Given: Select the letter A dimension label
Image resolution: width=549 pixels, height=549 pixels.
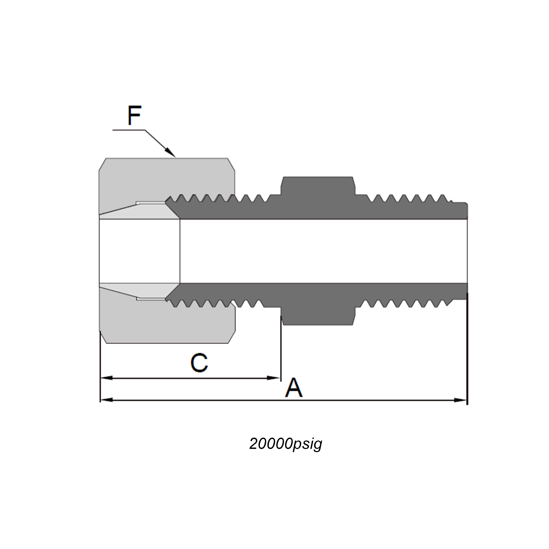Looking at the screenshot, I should point(294,388).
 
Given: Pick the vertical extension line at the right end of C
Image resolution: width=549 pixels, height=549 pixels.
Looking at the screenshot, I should point(281,350).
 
